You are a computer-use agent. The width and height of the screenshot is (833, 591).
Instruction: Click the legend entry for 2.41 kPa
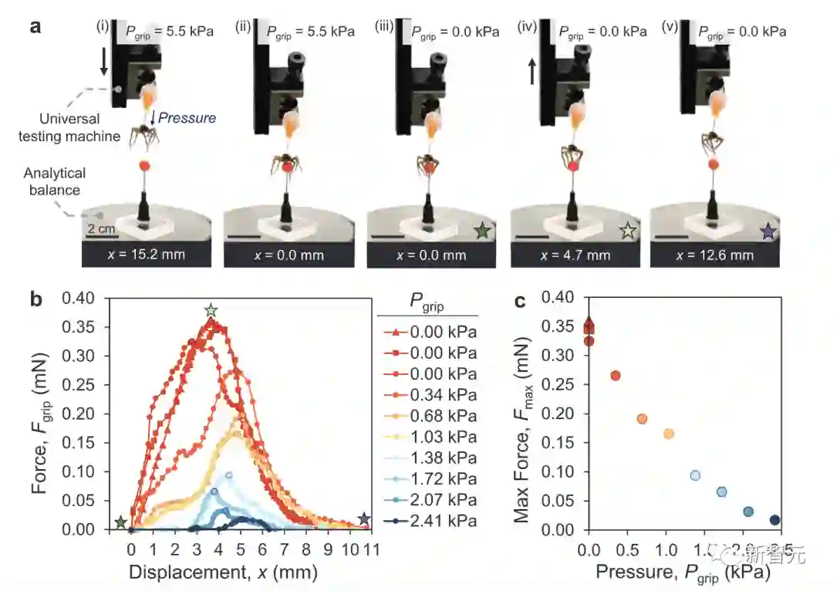[x=432, y=521]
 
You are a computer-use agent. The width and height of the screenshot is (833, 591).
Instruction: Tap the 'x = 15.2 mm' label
[x=147, y=255]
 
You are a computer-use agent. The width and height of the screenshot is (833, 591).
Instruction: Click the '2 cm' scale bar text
[x=100, y=229]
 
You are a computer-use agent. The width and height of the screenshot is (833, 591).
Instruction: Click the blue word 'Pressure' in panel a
[x=187, y=118]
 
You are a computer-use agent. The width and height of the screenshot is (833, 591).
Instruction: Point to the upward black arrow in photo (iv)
[x=531, y=73]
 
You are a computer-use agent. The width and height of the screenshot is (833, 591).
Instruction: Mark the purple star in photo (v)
[x=767, y=230]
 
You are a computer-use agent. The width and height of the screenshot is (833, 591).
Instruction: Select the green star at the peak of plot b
[x=211, y=310]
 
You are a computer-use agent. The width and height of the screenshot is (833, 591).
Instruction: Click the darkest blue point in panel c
[x=774, y=520]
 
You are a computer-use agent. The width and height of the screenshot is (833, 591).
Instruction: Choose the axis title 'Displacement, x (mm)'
[x=223, y=572]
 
